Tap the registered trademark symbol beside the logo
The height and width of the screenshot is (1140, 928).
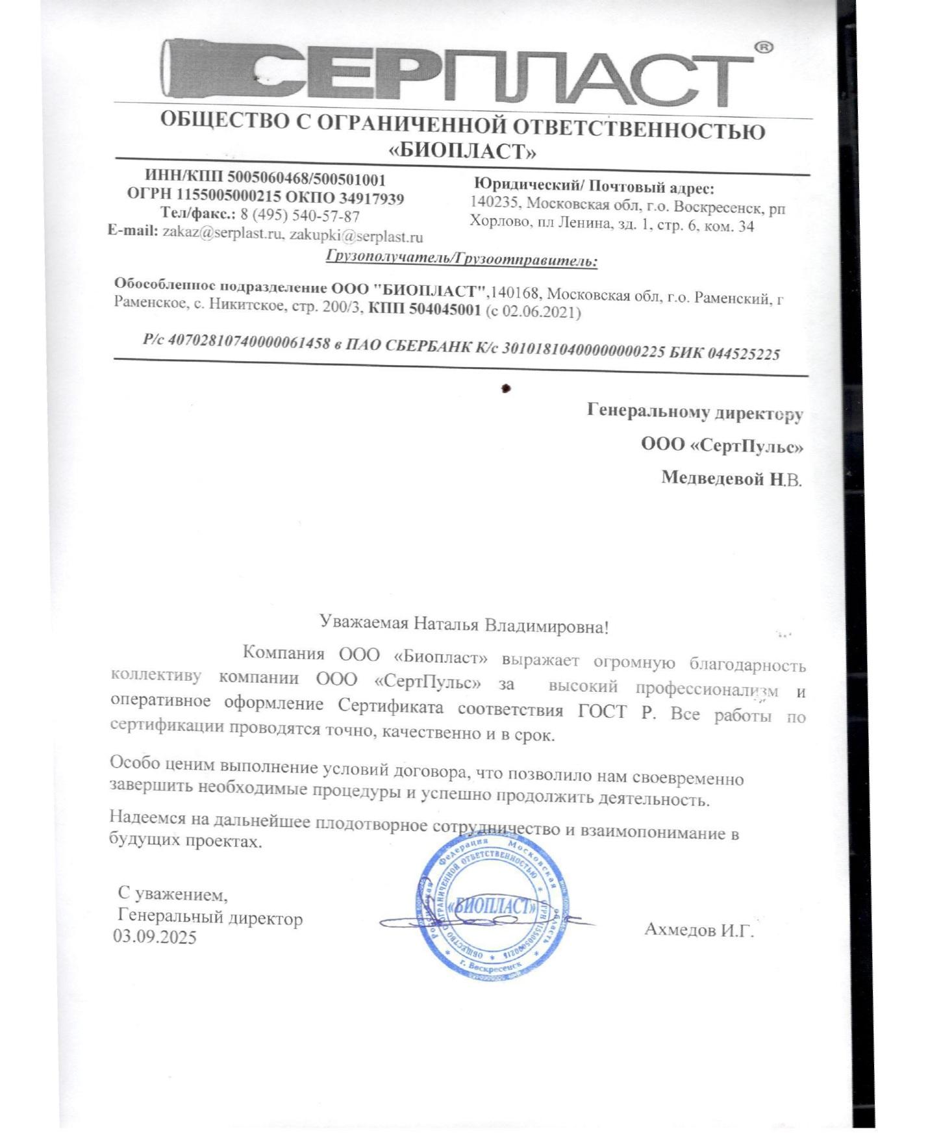click(x=764, y=47)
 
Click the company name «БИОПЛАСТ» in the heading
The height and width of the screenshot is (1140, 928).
click(x=462, y=151)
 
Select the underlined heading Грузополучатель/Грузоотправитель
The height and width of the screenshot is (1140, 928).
click(x=461, y=260)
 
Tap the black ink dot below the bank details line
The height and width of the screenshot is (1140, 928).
click(x=506, y=388)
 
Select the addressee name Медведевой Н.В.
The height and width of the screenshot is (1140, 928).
click(x=731, y=479)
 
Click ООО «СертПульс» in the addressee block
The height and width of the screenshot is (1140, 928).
click(x=721, y=446)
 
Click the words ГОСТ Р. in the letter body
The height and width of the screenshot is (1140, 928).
click(x=616, y=711)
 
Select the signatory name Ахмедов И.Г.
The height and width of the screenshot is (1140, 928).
click(x=699, y=930)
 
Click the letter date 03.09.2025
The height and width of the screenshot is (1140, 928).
click(x=155, y=937)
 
